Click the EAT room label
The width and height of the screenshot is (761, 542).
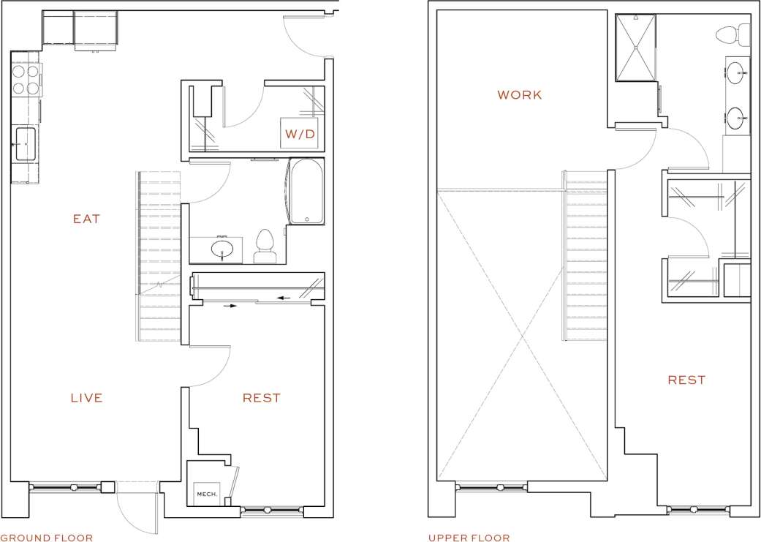86,219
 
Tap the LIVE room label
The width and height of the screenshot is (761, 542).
86,398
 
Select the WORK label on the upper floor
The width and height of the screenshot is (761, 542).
519,95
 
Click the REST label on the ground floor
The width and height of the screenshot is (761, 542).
261,398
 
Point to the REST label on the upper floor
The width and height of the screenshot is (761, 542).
686,380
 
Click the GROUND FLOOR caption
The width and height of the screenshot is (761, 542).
47,538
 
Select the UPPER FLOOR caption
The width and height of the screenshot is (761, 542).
469,538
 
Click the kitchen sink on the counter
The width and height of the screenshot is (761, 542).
25,144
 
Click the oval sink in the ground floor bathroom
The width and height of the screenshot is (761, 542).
224,250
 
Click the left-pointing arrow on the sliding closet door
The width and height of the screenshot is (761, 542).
284,298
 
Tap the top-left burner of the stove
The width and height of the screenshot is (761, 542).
18,72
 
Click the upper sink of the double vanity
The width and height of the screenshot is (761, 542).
736,73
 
